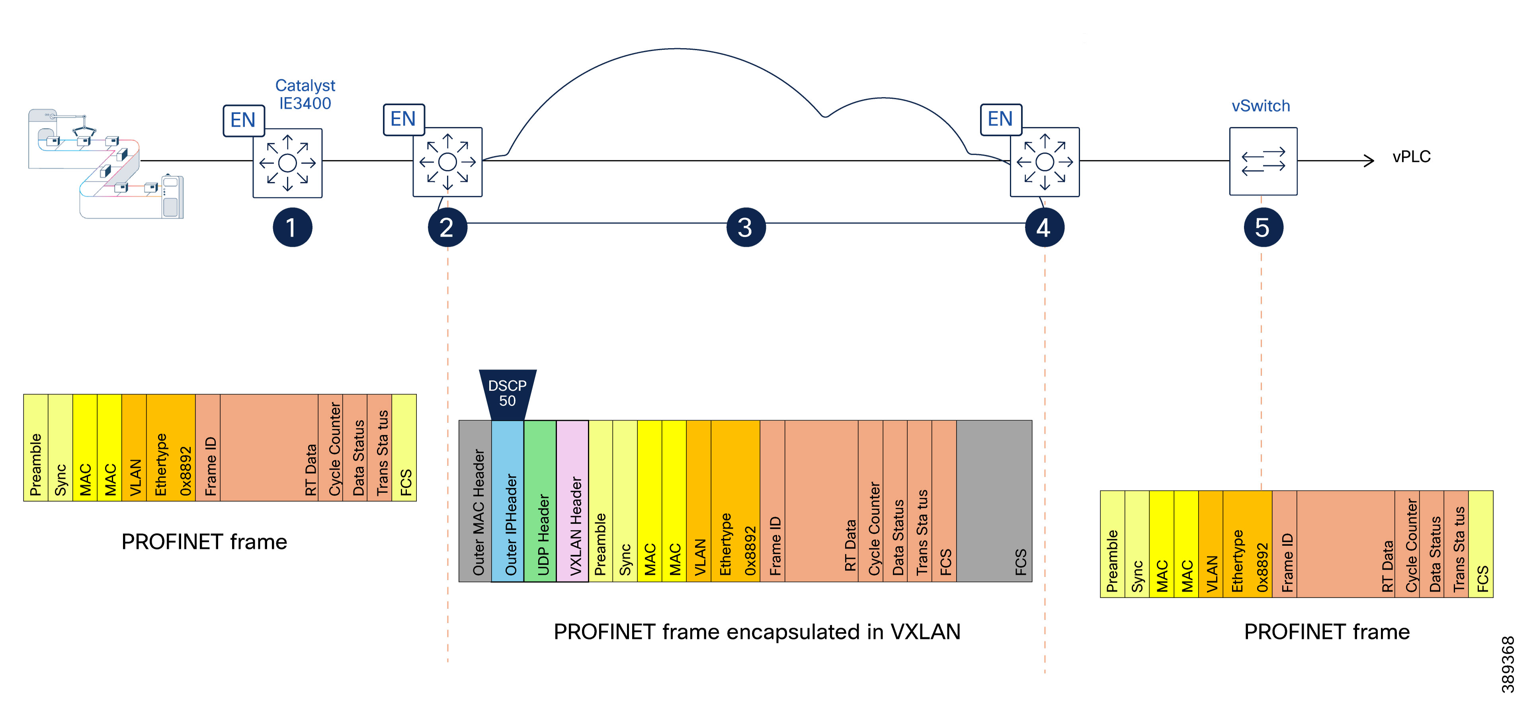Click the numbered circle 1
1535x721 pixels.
point(292,227)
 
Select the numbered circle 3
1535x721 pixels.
point(746,227)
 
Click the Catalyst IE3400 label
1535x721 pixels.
point(305,94)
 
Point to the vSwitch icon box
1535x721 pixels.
point(1263,161)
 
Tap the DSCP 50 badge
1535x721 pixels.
point(507,393)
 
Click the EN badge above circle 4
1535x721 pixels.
point(1000,119)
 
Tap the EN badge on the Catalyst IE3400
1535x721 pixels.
point(243,120)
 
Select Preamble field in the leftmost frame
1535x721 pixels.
point(36,447)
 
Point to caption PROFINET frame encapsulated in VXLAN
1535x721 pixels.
point(756,631)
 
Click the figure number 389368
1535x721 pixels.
point(1507,664)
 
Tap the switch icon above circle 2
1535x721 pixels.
point(447,162)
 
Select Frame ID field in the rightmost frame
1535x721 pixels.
point(1284,544)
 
